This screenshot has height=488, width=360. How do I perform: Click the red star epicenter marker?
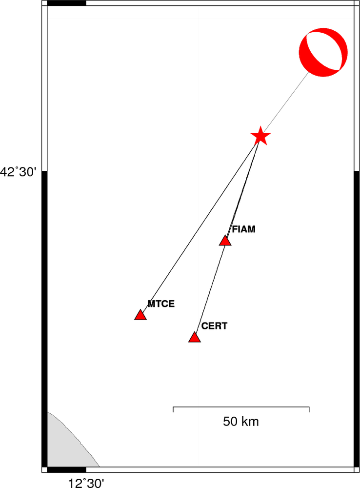tap(260, 136)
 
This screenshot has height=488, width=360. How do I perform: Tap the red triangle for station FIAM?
tap(225, 241)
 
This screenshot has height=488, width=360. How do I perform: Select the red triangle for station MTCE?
tap(140, 315)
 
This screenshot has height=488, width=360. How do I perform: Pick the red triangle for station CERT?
tap(195, 337)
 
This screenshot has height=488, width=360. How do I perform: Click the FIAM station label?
tap(243, 229)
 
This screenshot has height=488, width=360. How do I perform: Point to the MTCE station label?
tap(161, 304)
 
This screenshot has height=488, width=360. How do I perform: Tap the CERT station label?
tap(214, 326)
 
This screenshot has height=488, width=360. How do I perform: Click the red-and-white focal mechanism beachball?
tap(323, 52)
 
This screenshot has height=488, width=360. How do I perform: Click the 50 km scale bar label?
tap(241, 422)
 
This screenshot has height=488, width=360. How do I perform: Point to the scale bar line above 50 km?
tap(241, 407)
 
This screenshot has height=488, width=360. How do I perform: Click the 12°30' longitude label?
tap(86, 483)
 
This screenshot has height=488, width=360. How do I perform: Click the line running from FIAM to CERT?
tap(210, 289)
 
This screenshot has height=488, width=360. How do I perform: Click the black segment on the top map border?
tap(67, 3)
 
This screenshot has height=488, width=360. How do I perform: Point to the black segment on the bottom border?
tap(67, 469)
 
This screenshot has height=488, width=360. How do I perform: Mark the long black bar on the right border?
tap(357, 319)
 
